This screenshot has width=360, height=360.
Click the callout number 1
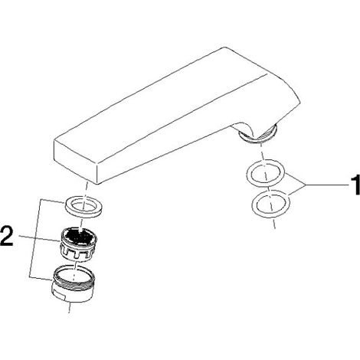pyautogui.click(x=355, y=185)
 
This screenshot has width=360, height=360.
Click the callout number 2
pyautogui.click(x=7, y=237)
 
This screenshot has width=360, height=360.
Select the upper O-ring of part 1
pyautogui.click(x=266, y=173)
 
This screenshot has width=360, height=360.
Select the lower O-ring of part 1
pyautogui.click(x=271, y=204)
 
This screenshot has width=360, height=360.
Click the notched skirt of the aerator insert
pyautogui.click(x=78, y=252)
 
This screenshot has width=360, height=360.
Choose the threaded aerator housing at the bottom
pyautogui.click(x=74, y=283)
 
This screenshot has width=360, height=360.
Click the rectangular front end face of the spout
pyautogui.click(x=76, y=162)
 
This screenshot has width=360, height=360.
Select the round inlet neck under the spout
pyautogui.click(x=258, y=134)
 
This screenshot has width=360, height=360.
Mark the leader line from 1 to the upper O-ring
pyautogui.click(x=295, y=178)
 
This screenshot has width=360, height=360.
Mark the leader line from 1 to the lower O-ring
pyautogui.click(x=297, y=190)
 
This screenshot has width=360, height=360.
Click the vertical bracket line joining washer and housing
pyautogui.click(x=35, y=238)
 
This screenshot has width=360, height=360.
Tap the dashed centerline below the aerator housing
pyautogui.click(x=70, y=307)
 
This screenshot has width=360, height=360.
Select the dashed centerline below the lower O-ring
pyautogui.click(x=273, y=222)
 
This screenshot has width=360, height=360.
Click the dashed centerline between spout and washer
pyautogui.click(x=86, y=190)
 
